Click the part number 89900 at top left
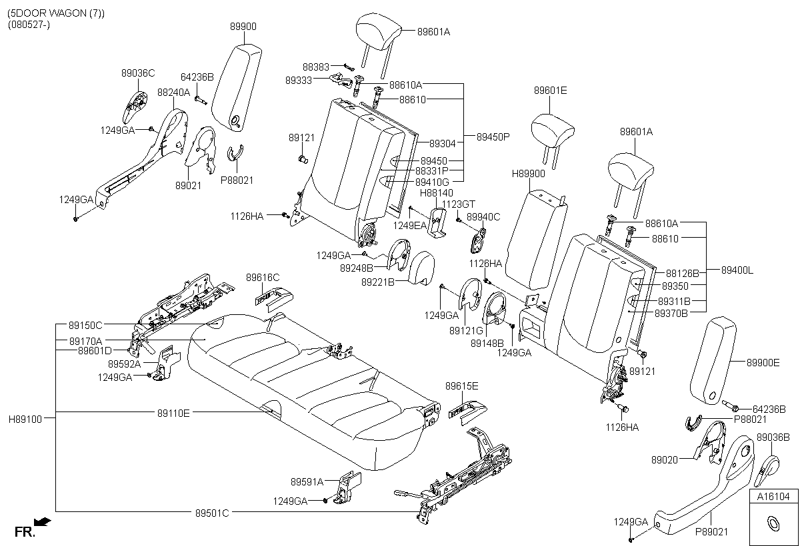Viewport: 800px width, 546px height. [x=243, y=27]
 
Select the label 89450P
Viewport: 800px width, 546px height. [x=493, y=137]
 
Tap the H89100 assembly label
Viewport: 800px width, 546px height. [x=25, y=419]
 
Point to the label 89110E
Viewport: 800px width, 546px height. [x=173, y=413]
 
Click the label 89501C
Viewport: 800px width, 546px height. [x=212, y=513]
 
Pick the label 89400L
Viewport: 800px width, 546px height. [x=737, y=270]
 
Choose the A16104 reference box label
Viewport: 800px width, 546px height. [x=773, y=497]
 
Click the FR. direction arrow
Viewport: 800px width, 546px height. [x=43, y=522]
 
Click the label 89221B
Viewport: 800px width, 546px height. [x=378, y=282]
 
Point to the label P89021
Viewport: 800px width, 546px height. [x=711, y=532]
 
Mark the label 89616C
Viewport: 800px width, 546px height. [x=263, y=278]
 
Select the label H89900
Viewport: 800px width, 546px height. [x=529, y=174]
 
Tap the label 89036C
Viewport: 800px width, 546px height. [x=138, y=73]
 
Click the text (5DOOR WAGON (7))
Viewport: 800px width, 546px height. [x=56, y=13]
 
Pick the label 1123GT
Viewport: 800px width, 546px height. [x=459, y=204]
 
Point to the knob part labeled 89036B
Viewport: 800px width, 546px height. [x=767, y=470]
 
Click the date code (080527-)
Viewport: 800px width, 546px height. [x=29, y=25]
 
